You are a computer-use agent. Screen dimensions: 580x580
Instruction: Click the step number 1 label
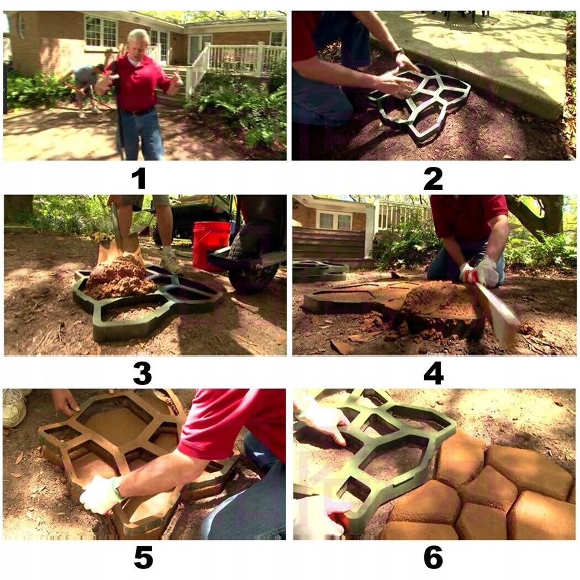coord(139,178)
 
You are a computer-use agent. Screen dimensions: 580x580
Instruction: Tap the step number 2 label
coord(433,178)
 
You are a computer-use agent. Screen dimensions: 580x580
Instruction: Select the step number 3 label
coord(143,373)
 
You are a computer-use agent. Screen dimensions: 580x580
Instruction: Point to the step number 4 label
coord(434,373)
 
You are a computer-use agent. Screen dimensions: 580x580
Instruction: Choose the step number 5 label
coord(143,557)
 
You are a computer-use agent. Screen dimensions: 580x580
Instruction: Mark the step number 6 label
coord(433,557)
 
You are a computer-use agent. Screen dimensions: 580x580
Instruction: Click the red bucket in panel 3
coord(211,245)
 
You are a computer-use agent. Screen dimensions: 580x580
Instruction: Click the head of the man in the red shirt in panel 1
coord(138,41)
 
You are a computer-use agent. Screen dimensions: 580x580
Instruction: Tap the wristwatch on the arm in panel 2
coord(398,52)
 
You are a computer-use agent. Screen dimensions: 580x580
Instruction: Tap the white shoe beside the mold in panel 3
coord(171,263)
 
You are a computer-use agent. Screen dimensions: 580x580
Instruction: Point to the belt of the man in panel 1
coord(138,112)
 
